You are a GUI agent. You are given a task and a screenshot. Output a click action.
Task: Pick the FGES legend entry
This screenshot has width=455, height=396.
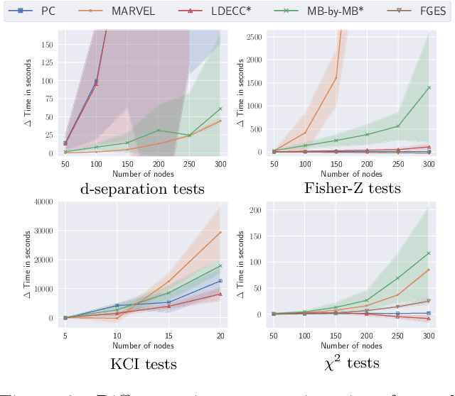pyautogui.click(x=411, y=11)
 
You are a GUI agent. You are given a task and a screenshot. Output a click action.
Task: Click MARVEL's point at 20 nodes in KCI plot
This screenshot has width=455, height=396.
pyautogui.click(x=220, y=232)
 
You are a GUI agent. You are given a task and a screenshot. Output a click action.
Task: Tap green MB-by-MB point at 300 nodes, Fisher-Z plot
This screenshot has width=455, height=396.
pyautogui.click(x=429, y=87)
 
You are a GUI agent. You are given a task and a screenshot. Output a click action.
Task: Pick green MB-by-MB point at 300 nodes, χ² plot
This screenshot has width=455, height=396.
pyautogui.click(x=429, y=253)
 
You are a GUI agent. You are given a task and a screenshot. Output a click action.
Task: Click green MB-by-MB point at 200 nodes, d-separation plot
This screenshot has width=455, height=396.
pyautogui.click(x=159, y=130)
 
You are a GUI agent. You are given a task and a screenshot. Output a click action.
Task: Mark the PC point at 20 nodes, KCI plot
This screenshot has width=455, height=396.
pyautogui.click(x=220, y=281)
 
